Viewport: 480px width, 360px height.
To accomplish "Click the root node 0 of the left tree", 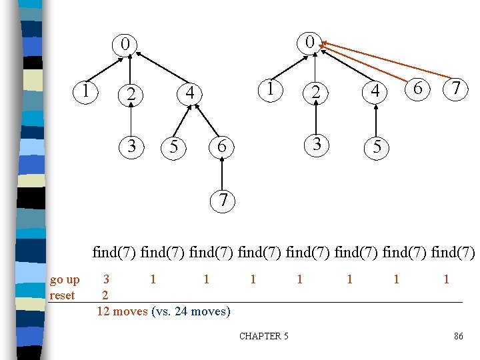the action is tap(125, 45).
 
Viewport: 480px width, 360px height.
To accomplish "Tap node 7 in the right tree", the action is tap(455, 88).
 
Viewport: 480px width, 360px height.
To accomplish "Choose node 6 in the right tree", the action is tap(417, 88).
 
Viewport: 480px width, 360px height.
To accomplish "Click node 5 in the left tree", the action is tap(173, 147).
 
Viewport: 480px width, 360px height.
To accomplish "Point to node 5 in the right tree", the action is tap(377, 147).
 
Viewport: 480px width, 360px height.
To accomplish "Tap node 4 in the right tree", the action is tap(375, 93).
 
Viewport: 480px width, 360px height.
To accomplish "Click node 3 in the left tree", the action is tap(132, 145).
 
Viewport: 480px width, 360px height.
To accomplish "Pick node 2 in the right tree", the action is tap(317, 94).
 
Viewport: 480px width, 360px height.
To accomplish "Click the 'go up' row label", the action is tap(65, 279).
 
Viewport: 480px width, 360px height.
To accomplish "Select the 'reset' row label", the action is tap(62, 295).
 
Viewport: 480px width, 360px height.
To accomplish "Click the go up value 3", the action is tap(106, 279).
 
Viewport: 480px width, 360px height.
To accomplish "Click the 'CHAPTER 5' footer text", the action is tap(264, 336).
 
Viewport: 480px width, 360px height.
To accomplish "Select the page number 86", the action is tap(458, 336).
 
